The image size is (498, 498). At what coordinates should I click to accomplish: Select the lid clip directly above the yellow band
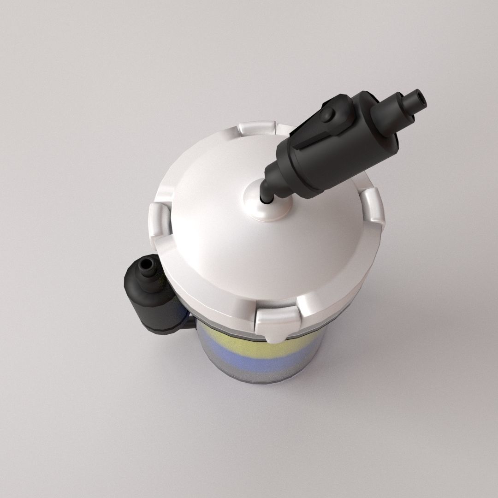coord(277,323)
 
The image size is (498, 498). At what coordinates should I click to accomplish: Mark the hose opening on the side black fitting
coord(147,265)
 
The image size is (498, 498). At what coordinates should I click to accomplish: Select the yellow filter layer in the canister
coord(240,337)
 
